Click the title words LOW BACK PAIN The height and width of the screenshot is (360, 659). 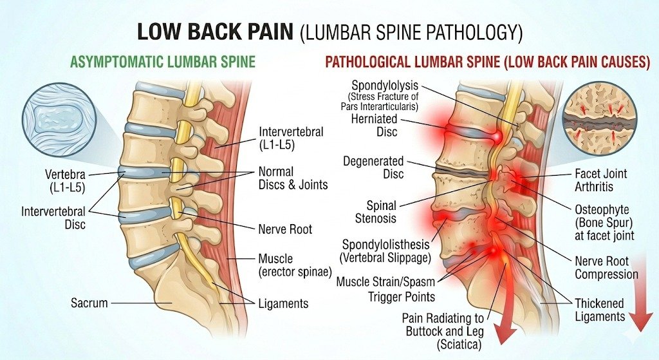tap(213, 32)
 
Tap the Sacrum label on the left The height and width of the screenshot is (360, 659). tap(90, 302)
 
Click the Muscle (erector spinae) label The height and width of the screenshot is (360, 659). tap(295, 264)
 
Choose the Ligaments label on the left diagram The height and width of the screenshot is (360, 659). tap(283, 303)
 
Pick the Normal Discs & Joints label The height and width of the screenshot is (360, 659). tap(293, 178)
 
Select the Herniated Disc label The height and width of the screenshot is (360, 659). tap(375, 125)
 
